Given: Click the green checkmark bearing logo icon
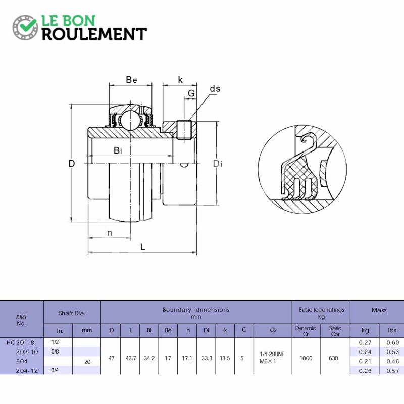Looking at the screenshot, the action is click(x=25, y=28).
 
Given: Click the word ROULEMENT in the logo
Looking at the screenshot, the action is click(x=94, y=34).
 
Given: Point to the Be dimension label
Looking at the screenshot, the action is click(x=131, y=80).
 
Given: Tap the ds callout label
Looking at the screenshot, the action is click(x=215, y=89).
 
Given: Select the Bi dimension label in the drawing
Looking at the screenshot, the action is click(x=118, y=150).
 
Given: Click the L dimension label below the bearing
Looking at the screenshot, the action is click(x=143, y=247).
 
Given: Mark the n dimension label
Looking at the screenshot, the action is click(x=110, y=233).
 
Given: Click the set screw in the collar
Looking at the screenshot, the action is click(x=184, y=130).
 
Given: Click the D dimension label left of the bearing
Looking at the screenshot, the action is click(x=72, y=163).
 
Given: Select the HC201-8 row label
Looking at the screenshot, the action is click(x=20, y=342).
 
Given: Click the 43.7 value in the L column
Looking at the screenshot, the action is click(x=131, y=358).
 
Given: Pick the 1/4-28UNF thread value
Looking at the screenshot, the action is click(x=272, y=354).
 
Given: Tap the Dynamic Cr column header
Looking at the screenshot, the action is click(x=306, y=331).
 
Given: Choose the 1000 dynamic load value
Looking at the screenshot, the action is click(x=306, y=358).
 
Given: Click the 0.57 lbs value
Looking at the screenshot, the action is click(x=393, y=371).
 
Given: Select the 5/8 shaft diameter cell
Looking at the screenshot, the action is click(x=55, y=351).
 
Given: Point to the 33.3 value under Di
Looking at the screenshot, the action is click(x=207, y=358).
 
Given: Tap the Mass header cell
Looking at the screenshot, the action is click(x=379, y=310).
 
